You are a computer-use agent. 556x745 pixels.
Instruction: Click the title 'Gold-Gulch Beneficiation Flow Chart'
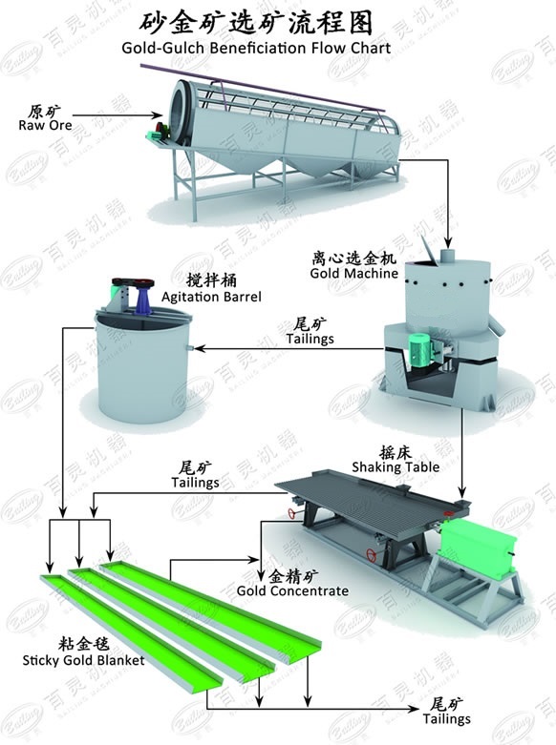pyautogui.click(x=256, y=48)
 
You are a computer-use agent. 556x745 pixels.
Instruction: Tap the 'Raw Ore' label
pyautogui.click(x=45, y=125)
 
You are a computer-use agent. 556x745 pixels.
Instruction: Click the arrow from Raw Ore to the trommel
pyautogui.click(x=118, y=115)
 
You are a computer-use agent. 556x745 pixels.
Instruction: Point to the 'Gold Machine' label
pyautogui.click(x=354, y=273)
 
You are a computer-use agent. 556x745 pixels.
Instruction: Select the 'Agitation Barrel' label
pyautogui.click(x=211, y=297)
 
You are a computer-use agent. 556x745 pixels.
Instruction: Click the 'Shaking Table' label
pyautogui.click(x=396, y=467)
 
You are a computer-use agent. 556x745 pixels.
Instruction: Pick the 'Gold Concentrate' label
pyautogui.click(x=292, y=591)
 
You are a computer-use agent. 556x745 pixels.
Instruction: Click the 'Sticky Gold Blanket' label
pyautogui.click(x=83, y=660)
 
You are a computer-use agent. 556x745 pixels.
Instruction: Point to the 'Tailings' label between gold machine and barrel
pyautogui.click(x=310, y=339)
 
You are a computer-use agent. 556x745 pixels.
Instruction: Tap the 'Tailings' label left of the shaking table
pyautogui.click(x=195, y=483)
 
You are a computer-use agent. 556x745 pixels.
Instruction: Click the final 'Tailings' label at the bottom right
pyautogui.click(x=446, y=719)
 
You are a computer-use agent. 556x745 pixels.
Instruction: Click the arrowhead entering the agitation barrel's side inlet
pyautogui.click(x=199, y=349)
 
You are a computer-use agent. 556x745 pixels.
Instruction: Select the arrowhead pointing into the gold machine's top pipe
pyautogui.click(x=447, y=241)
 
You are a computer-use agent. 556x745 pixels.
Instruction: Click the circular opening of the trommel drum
pyautogui.click(x=181, y=112)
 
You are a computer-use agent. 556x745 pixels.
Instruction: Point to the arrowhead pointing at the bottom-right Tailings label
pyautogui.click(x=415, y=710)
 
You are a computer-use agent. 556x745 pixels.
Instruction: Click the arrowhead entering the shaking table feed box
pyautogui.click(x=460, y=493)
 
